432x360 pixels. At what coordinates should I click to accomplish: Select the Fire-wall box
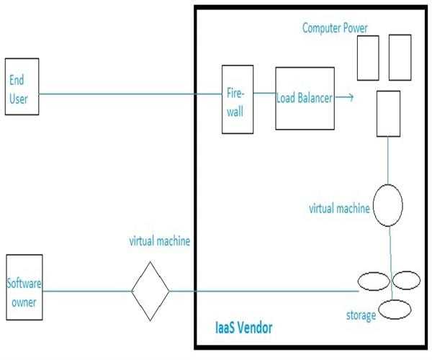[236, 99]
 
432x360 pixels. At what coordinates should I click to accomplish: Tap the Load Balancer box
[305, 99]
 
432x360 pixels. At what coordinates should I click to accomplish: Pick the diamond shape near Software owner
[150, 291]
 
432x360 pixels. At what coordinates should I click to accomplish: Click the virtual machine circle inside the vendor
[387, 204]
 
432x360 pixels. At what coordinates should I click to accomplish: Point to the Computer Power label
[334, 29]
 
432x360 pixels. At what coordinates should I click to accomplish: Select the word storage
[360, 315]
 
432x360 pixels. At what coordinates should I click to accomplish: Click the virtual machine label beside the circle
[339, 209]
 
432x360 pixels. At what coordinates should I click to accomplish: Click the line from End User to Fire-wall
[130, 93]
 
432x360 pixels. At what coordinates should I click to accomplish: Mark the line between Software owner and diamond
[86, 291]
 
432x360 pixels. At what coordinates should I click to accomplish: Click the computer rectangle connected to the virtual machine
[389, 112]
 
